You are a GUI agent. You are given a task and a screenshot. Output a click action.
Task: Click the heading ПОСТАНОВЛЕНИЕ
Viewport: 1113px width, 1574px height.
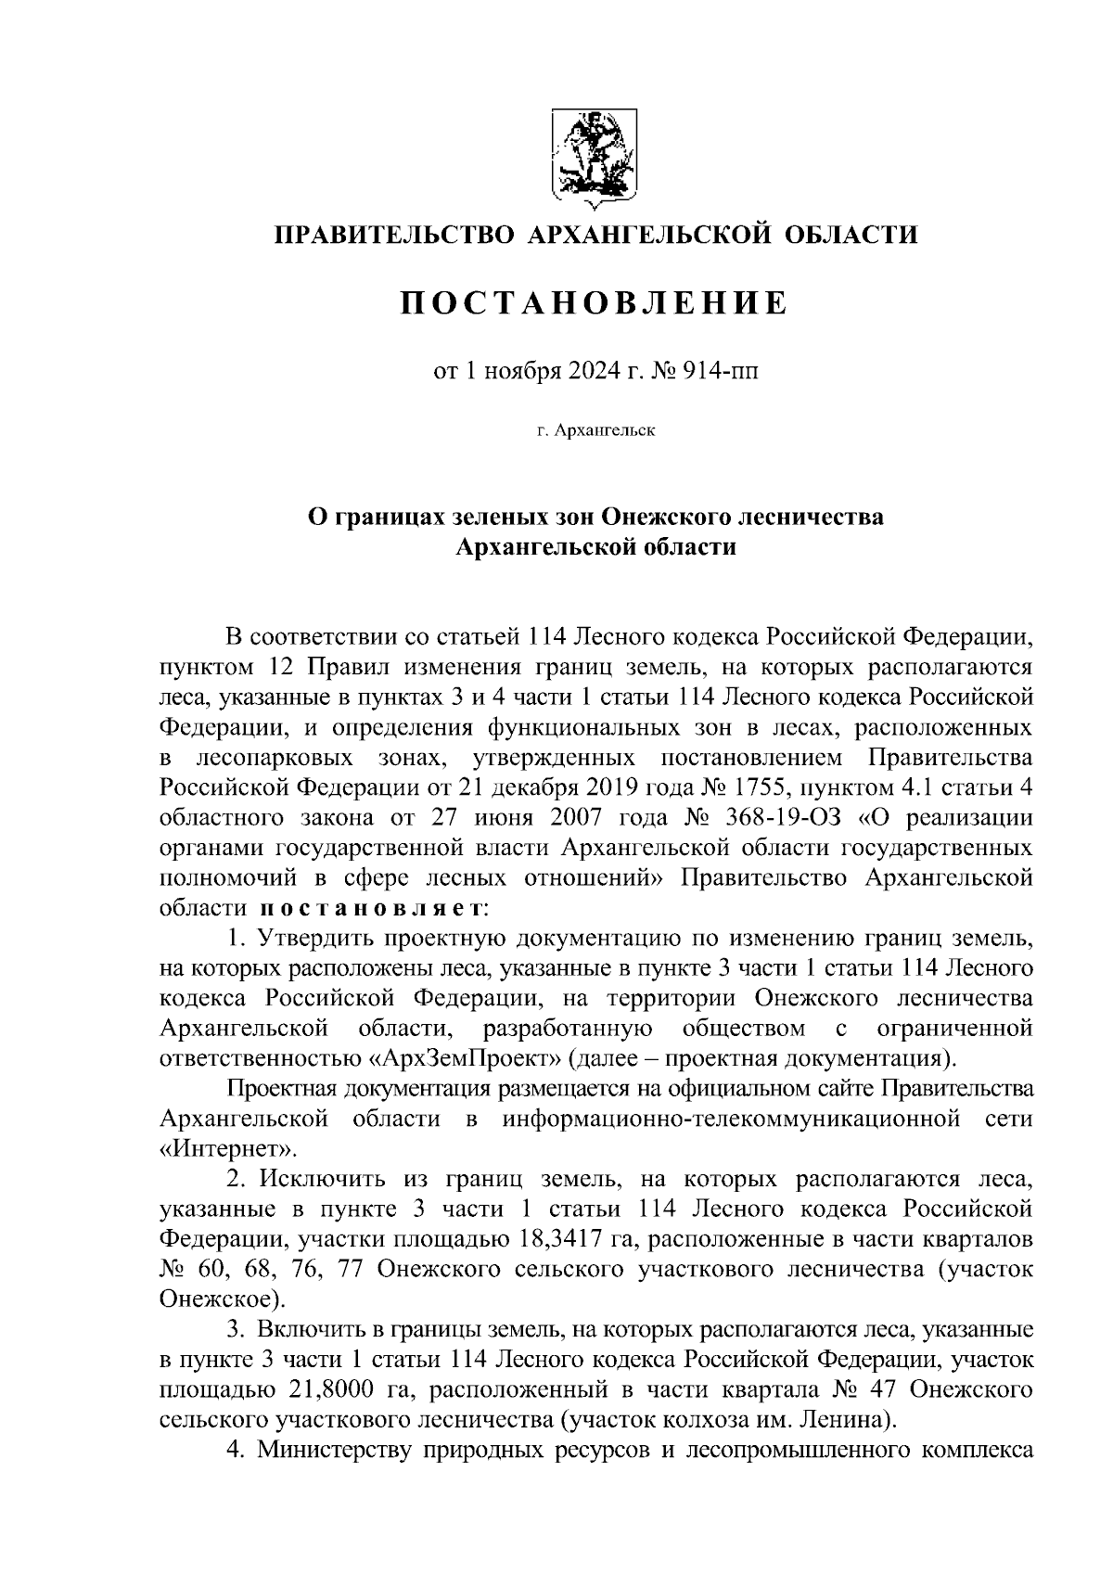tap(595, 303)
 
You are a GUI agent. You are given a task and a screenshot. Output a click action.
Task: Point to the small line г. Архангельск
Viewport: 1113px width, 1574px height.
tap(595, 432)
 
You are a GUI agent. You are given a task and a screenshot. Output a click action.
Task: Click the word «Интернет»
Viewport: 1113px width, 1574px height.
tap(229, 1148)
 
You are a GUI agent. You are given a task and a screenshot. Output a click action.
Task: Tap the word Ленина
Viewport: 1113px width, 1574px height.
tap(849, 1419)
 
